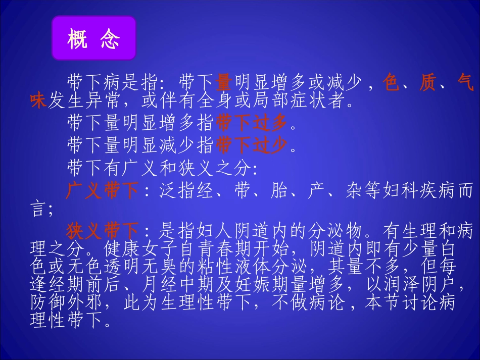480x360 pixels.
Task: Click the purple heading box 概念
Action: click(93, 38)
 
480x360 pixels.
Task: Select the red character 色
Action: click(391, 82)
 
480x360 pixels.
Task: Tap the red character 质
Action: click(427, 82)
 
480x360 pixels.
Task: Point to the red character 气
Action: click(464, 82)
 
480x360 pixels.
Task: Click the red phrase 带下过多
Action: click(251, 122)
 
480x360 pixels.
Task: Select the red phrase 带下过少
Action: click(251, 145)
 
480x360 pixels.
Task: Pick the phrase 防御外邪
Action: click(66, 303)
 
